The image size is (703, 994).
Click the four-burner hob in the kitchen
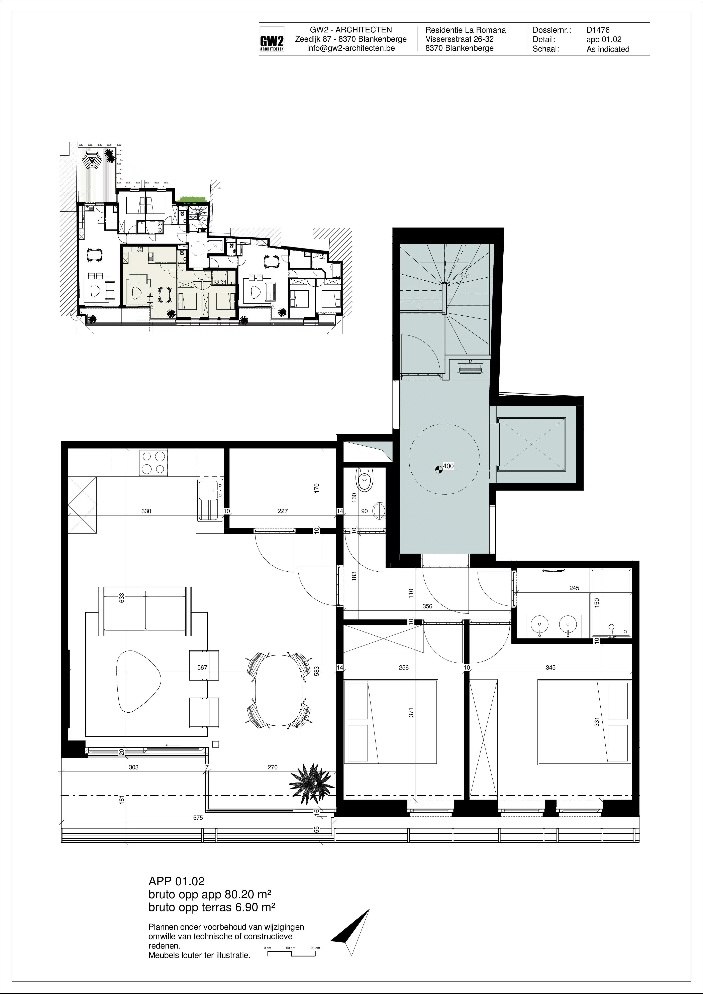click(x=153, y=462)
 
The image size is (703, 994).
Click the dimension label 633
click(x=122, y=598)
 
